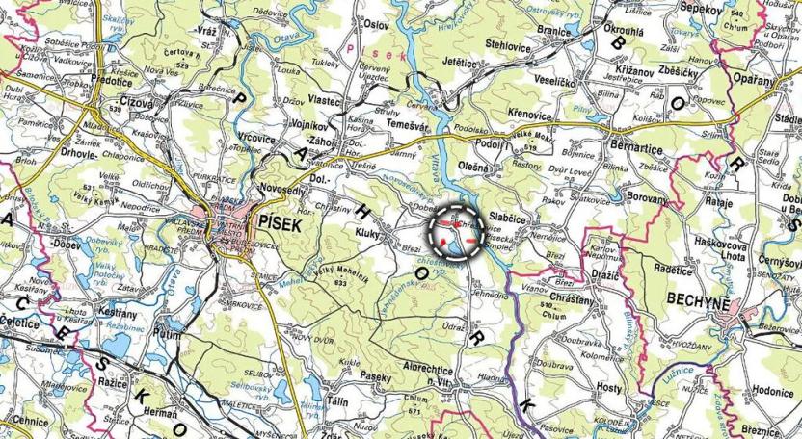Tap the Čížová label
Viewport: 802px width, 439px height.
137,100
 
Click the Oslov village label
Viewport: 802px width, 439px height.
375,23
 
